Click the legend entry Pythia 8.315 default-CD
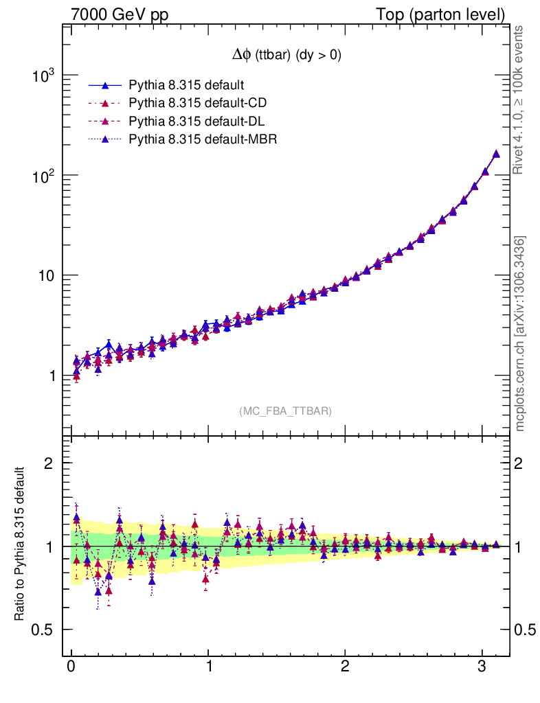(x=198, y=103)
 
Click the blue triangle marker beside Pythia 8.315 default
(x=105, y=85)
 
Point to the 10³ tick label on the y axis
(x=44, y=76)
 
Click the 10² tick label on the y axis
(x=44, y=176)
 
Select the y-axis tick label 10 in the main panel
(x=47, y=276)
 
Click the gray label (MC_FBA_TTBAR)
(x=286, y=411)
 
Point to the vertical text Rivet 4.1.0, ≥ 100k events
(x=520, y=100)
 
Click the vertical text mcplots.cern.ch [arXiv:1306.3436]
(x=520, y=334)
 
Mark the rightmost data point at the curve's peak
(x=496, y=154)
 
